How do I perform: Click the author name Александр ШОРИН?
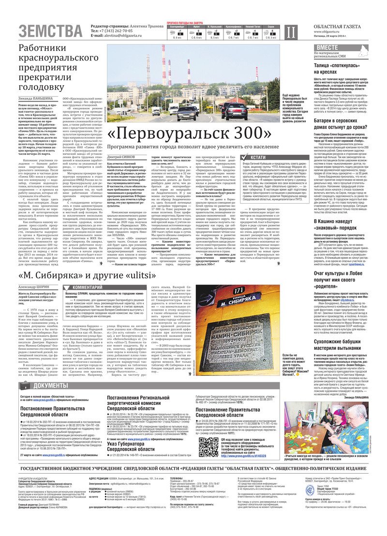(x=36, y=286)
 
